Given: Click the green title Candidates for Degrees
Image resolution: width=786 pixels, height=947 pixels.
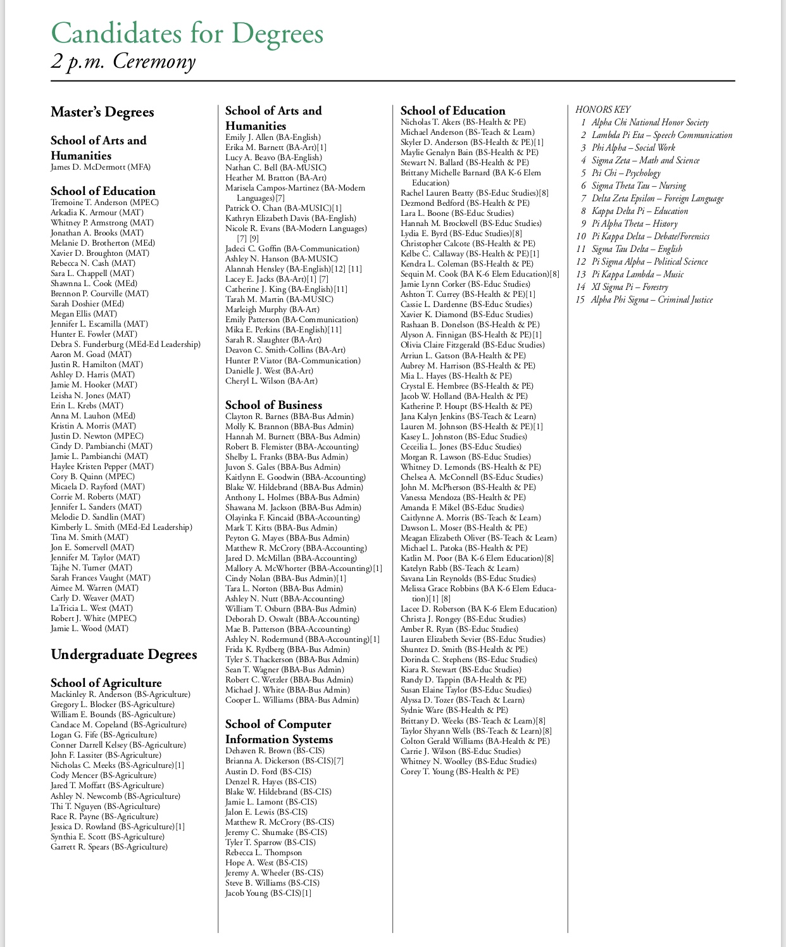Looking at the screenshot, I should (x=187, y=33).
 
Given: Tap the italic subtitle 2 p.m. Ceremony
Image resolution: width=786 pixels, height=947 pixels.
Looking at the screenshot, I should (x=123, y=61).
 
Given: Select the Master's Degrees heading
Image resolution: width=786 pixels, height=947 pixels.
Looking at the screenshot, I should (x=103, y=112).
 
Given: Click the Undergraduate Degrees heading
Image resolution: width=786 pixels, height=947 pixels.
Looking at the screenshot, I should (x=124, y=655).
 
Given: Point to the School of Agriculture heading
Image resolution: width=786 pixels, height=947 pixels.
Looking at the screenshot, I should (x=106, y=682).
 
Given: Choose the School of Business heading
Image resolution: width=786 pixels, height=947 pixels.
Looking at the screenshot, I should (x=273, y=405).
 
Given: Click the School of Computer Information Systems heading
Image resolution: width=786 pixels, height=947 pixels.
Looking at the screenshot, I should (x=278, y=732).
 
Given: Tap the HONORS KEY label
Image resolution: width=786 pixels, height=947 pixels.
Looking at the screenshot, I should (x=602, y=110).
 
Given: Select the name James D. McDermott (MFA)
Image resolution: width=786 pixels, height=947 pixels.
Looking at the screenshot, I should (x=101, y=167).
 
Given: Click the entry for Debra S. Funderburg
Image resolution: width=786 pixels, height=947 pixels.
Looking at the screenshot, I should (x=125, y=344).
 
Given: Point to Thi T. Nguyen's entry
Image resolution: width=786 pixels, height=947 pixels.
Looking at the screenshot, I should (x=105, y=806).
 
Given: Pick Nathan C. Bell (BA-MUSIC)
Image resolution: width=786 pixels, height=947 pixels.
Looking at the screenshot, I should (x=276, y=168).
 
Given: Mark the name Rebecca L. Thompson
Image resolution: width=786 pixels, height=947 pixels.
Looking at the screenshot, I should (x=264, y=852).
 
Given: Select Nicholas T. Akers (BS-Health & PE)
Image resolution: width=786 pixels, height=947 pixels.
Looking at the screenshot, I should (x=463, y=122).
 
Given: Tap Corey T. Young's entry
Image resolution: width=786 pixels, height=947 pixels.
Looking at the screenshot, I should (x=459, y=772).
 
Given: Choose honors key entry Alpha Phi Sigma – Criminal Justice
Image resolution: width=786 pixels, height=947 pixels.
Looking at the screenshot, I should (x=652, y=299).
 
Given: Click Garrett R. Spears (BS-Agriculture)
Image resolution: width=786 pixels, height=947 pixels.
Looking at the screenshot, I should (x=109, y=846).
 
